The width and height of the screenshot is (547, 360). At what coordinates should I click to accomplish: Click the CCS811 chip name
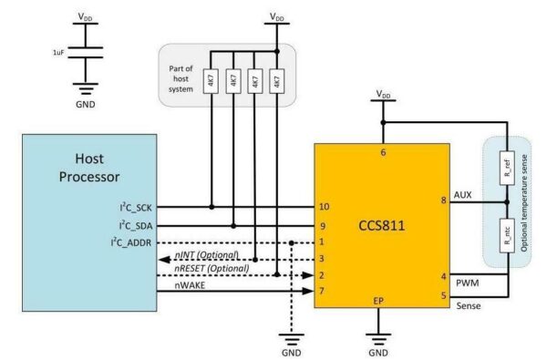(x=383, y=221)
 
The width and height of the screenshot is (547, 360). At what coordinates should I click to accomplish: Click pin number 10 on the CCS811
(x=325, y=207)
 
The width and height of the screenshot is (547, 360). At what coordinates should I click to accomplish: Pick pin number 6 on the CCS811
(x=383, y=153)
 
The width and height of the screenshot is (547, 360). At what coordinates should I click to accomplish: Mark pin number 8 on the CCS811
(x=443, y=200)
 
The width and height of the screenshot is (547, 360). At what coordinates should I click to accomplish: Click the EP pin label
(x=383, y=298)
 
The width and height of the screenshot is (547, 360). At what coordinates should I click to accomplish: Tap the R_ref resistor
(x=507, y=170)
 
